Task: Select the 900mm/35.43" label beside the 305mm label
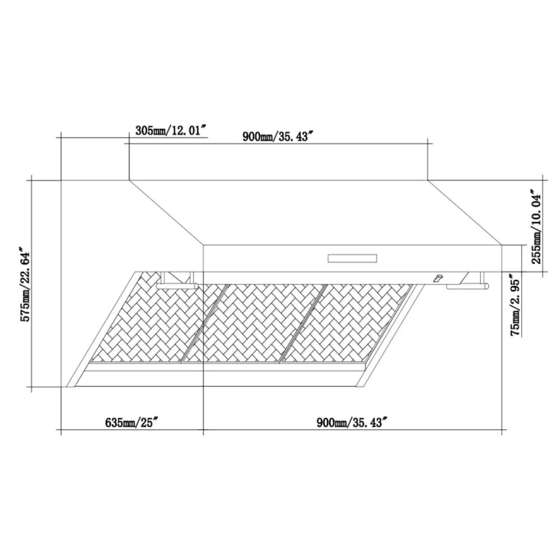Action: coord(276,137)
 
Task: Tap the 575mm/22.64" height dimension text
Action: coord(25,284)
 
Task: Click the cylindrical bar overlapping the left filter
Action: coord(177,286)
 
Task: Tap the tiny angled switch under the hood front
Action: coord(437,278)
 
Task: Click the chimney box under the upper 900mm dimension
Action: coord(279,162)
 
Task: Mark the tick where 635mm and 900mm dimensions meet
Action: coord(203,431)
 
